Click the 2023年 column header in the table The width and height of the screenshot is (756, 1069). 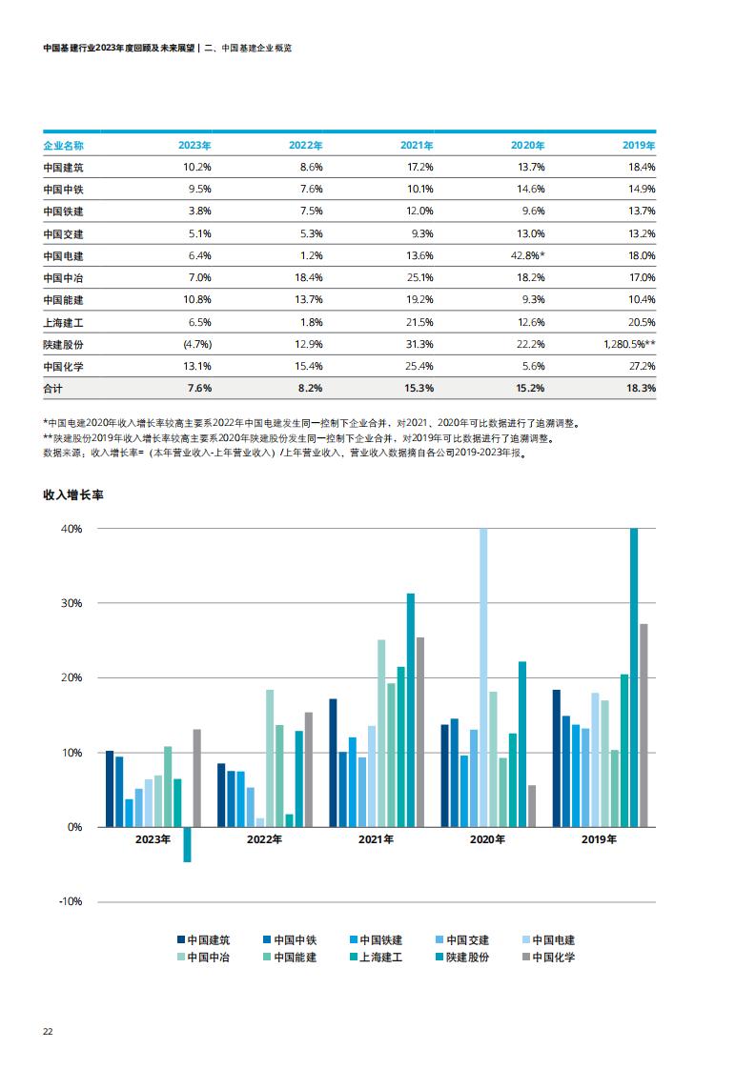click(194, 145)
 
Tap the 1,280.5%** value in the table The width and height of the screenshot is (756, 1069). click(629, 344)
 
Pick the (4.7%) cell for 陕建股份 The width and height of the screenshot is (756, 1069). click(197, 344)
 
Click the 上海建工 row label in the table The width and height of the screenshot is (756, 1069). click(64, 322)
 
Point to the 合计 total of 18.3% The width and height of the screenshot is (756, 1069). click(641, 388)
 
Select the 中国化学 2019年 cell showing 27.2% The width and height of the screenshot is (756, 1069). click(642, 366)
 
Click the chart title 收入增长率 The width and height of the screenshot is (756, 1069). click(73, 494)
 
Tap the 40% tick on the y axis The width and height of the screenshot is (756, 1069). click(72, 529)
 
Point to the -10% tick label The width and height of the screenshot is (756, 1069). click(71, 901)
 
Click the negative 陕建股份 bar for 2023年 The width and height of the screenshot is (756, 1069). click(187, 845)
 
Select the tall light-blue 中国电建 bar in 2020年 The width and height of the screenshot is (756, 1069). click(483, 677)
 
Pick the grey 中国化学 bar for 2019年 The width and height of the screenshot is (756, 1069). click(644, 725)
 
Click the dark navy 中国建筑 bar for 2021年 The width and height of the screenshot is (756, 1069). click(333, 763)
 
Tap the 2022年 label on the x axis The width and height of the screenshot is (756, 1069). click(264, 839)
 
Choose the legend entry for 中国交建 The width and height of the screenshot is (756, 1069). click(462, 940)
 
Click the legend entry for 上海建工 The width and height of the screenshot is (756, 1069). click(376, 958)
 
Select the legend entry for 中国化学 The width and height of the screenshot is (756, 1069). click(548, 958)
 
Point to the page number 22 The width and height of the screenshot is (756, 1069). click(48, 1032)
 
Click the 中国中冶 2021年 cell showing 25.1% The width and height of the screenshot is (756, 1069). click(419, 277)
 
